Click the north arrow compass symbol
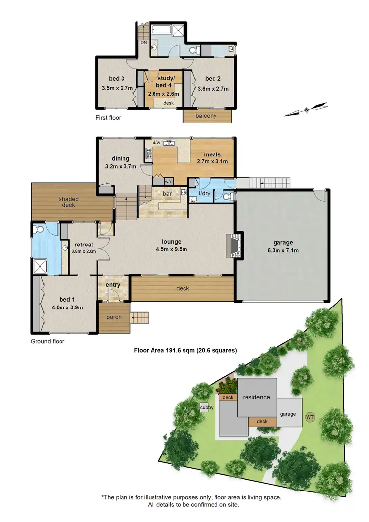click(306, 109)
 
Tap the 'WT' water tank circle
click(310, 417)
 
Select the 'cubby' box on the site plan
click(205, 407)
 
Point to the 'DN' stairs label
click(144, 43)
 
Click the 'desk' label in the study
click(168, 102)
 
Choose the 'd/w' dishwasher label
click(156, 143)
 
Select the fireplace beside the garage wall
click(234, 246)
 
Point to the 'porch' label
click(114, 317)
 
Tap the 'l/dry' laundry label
click(205, 193)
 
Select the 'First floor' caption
click(108, 118)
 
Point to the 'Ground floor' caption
click(48, 341)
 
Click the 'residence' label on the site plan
click(256, 397)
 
